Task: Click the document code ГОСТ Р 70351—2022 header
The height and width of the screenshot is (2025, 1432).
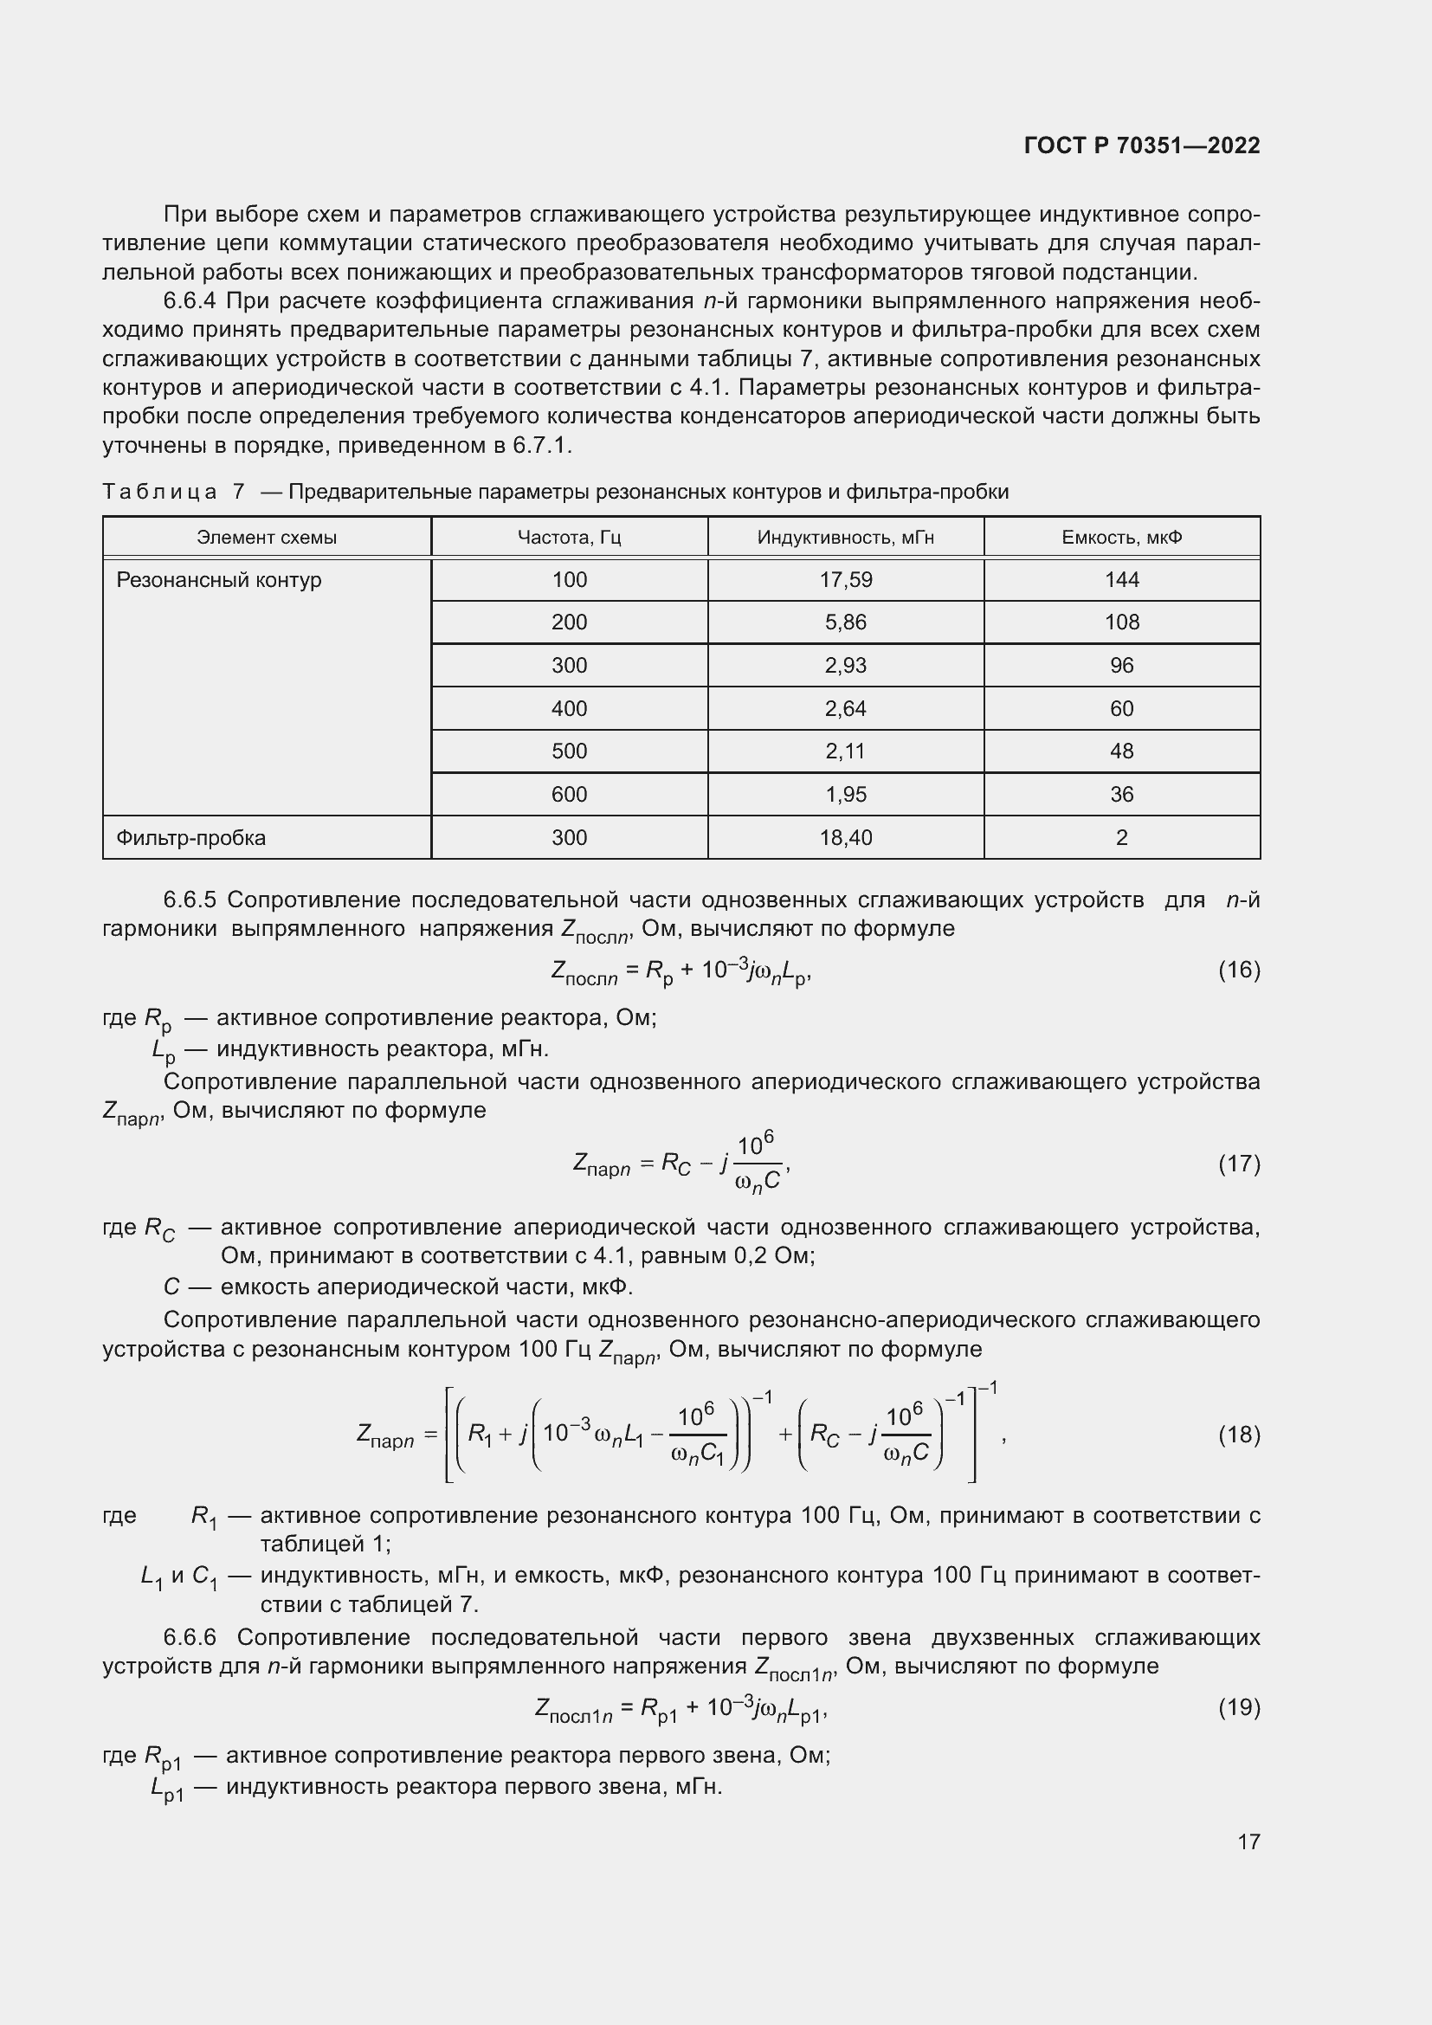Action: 1142,145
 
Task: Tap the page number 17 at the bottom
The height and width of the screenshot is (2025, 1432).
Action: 1248,1841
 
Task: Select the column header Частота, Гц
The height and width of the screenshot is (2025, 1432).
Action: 569,537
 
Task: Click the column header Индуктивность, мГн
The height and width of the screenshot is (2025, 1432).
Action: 845,537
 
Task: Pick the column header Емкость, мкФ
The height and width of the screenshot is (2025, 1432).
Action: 1121,537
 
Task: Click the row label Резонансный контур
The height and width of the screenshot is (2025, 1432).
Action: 219,580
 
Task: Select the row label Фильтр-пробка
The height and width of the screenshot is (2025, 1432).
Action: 190,838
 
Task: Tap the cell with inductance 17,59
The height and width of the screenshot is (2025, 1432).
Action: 845,580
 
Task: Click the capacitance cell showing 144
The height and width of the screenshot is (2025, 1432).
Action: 1121,580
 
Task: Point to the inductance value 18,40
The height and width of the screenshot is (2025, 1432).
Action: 845,838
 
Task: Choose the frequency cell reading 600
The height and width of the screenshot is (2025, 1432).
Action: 569,795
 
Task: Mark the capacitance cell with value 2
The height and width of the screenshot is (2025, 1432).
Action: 1121,838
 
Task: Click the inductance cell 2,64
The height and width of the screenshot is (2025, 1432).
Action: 845,709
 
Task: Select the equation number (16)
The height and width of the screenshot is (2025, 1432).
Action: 1239,971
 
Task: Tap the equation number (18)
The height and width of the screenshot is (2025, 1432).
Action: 1239,1435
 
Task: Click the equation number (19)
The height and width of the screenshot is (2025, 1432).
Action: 1239,1707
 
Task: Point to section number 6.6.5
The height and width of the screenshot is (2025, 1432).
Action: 190,900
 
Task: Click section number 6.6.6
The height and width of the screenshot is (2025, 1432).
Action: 190,1637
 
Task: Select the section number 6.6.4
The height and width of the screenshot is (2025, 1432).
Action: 190,301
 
